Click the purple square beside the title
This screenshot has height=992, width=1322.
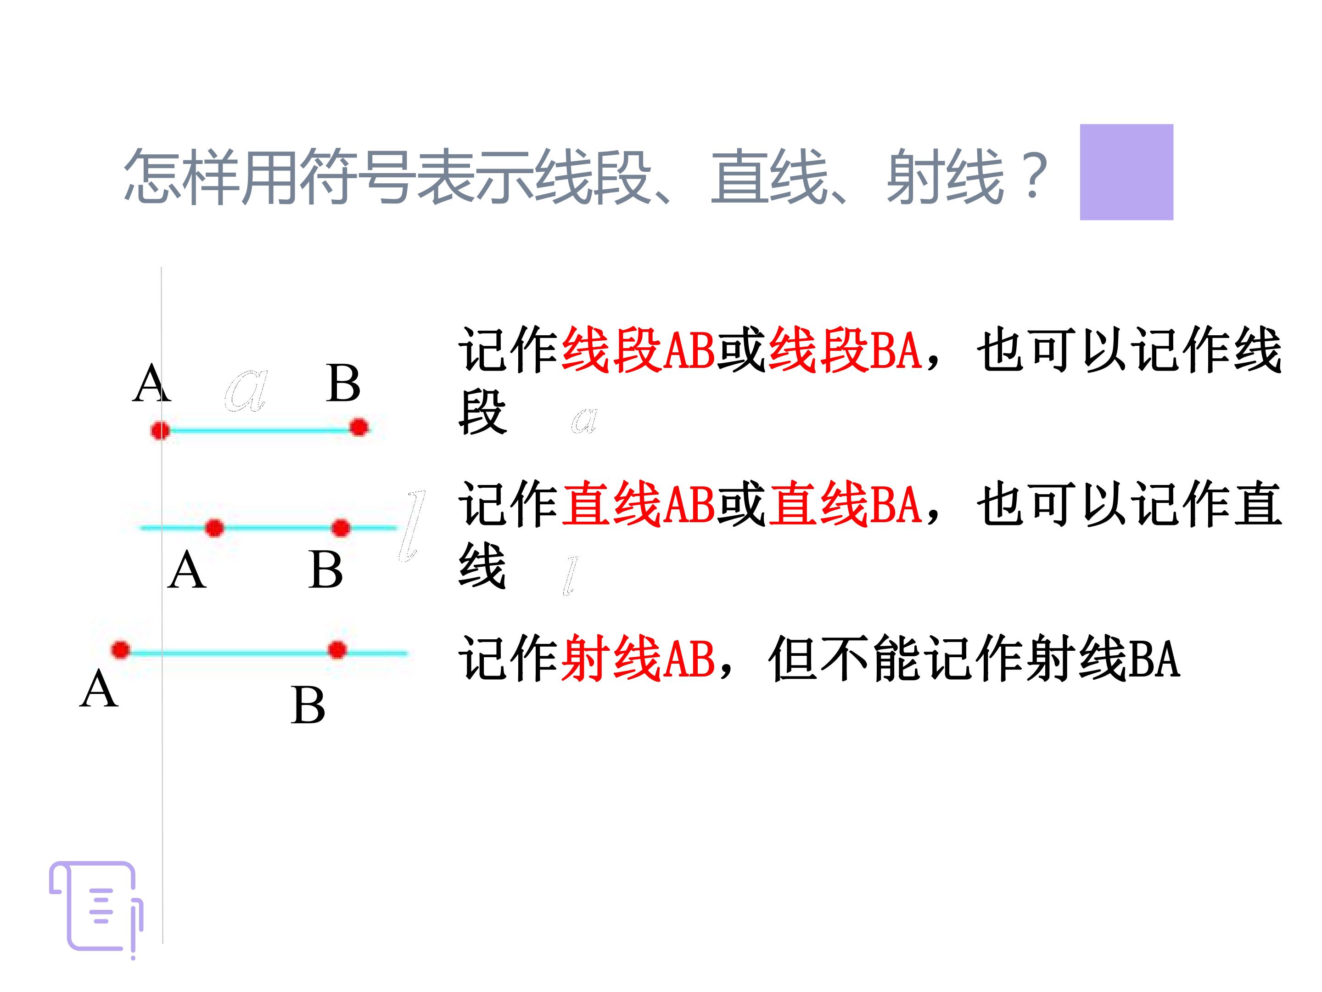point(1126,172)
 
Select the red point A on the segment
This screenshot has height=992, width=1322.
point(160,430)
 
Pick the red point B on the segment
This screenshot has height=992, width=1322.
point(359,428)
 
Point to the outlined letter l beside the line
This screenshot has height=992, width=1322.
point(412,526)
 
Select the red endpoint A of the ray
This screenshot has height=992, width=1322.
point(121,650)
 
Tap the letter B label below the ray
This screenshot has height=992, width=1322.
point(308,705)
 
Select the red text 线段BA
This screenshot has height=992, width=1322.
point(845,350)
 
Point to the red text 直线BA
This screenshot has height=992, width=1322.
point(845,504)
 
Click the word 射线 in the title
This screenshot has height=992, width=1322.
point(944,176)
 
